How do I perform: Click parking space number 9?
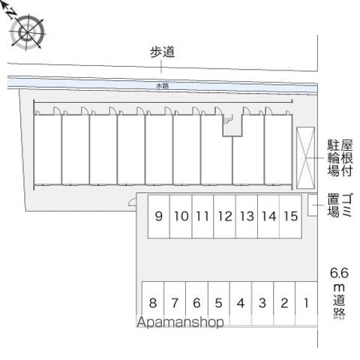[x=159, y=217]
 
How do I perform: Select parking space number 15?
[x=290, y=217]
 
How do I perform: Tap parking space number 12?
[x=225, y=217]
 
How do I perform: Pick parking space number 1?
[x=306, y=304]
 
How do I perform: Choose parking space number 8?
[x=153, y=304]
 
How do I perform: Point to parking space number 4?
[x=241, y=304]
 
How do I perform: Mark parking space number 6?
[x=196, y=304]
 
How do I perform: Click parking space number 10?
[x=181, y=217]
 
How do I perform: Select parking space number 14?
[x=268, y=217]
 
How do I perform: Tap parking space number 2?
[x=284, y=304]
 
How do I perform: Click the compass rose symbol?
[x=27, y=32]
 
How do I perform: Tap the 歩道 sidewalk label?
[x=162, y=52]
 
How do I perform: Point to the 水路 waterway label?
[x=163, y=86]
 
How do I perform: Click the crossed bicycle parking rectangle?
[x=305, y=158]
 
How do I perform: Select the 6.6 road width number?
[x=339, y=273]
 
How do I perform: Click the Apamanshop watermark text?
[x=180, y=322]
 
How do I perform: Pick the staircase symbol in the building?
[x=228, y=119]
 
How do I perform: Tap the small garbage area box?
[x=313, y=205]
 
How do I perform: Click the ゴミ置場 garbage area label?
[x=340, y=205]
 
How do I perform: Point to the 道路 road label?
[x=339, y=307]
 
